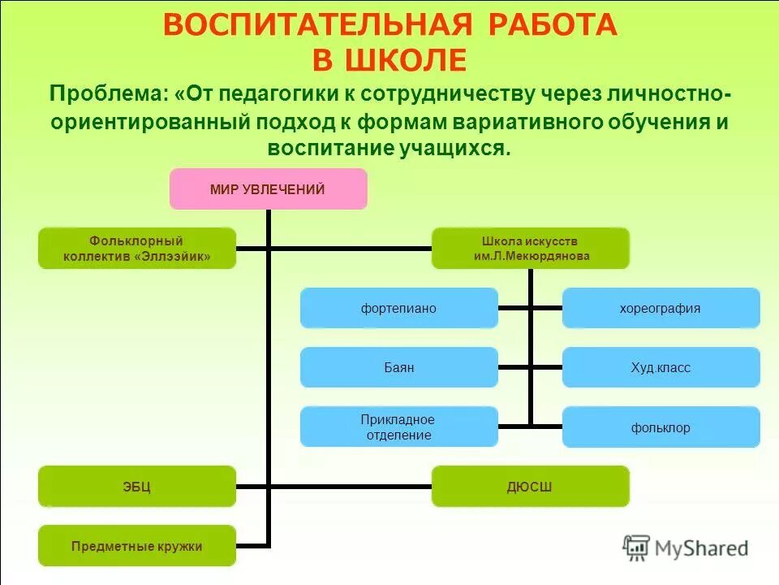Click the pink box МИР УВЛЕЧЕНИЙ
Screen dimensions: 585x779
point(268,189)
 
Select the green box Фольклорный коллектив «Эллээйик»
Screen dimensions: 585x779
point(137,248)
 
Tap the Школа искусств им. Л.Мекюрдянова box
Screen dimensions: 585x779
point(530,248)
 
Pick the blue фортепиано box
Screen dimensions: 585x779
point(398,309)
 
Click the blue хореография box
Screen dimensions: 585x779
point(661,309)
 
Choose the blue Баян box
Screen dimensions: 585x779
point(398,367)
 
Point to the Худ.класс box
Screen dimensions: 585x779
point(661,367)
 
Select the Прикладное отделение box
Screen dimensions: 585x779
point(398,427)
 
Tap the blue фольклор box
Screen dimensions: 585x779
point(661,427)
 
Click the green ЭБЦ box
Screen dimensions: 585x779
point(137,487)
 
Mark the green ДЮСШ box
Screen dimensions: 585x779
point(530,487)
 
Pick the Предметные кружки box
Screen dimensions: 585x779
point(137,546)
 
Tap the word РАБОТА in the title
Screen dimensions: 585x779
point(552,25)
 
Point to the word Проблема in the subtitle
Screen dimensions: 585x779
point(107,93)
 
